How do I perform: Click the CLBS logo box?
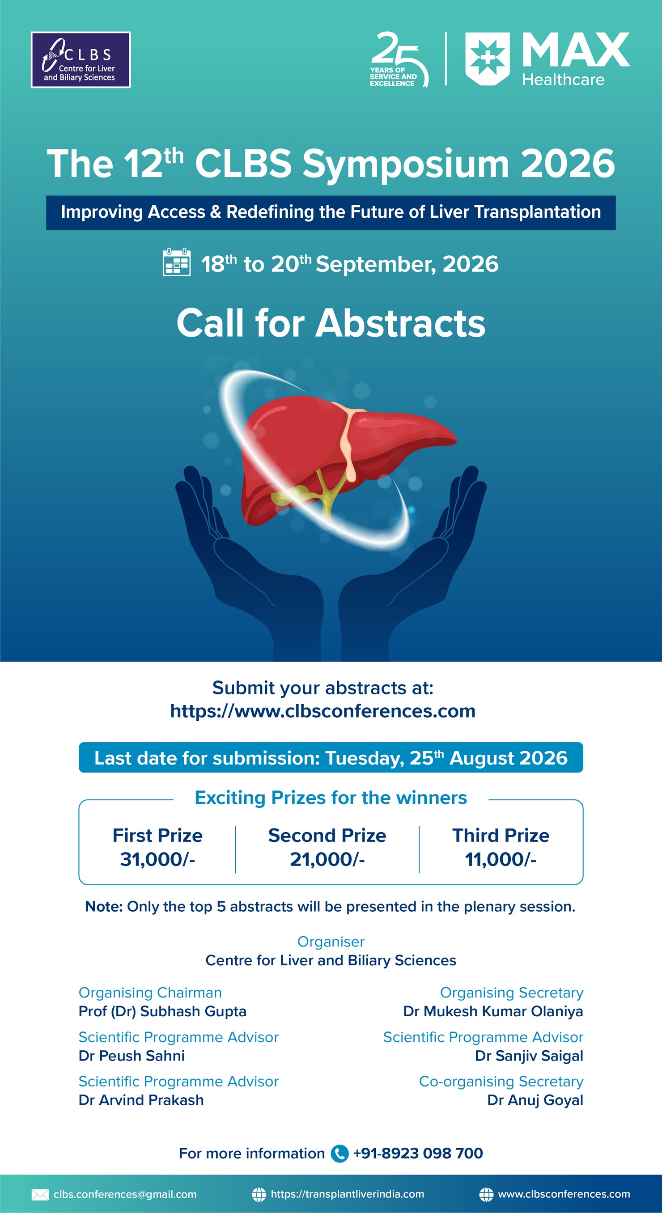coord(81,60)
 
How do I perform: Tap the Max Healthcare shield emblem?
coord(487,59)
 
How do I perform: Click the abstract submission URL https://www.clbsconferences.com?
coord(323,711)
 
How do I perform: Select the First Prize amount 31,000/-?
coord(157,859)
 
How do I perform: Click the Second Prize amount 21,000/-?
coord(327,859)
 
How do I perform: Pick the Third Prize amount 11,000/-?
coord(501,859)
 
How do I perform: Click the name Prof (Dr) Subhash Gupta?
coord(162,1011)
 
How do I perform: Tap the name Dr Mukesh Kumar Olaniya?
coord(493,1011)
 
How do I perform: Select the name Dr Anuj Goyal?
coord(535,1100)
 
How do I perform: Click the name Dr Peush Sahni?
coord(132,1056)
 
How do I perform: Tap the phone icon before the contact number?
coord(339,1153)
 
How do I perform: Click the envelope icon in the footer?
coord(40,1194)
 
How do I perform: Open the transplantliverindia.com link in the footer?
coord(347,1194)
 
